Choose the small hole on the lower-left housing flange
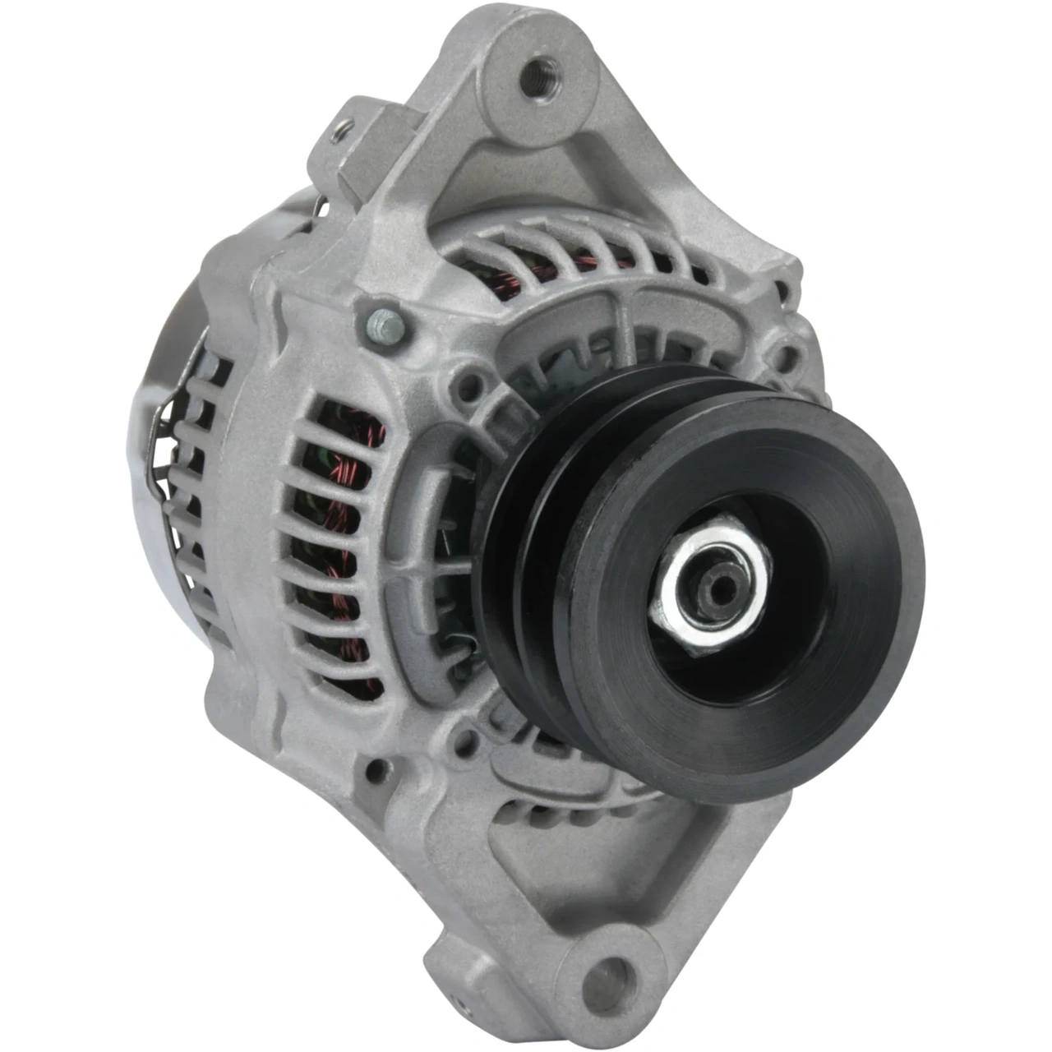(x=376, y=771)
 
